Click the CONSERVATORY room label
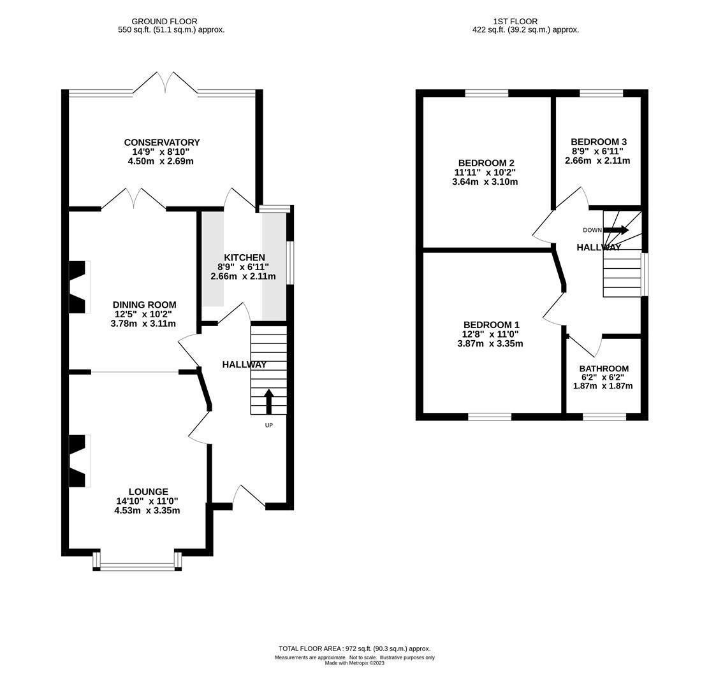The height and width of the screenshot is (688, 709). click(162, 142)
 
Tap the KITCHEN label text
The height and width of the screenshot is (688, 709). click(244, 257)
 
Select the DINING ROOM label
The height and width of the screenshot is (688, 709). click(144, 305)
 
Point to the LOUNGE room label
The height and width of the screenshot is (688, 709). click(149, 492)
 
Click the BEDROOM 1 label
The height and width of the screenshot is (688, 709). click(492, 325)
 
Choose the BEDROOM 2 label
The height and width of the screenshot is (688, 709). click(486, 163)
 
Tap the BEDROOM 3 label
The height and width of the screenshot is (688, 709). click(599, 142)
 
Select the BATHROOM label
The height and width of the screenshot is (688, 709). click(604, 369)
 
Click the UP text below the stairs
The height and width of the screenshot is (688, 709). click(269, 425)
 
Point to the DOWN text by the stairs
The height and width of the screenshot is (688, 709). click(592, 230)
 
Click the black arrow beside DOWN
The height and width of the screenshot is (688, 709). click(617, 230)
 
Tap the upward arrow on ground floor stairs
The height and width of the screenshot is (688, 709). click(269, 401)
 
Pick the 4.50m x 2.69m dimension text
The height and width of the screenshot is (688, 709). click(161, 161)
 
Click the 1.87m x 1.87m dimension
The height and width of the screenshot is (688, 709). click(603, 386)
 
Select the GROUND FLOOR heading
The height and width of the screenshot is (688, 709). click(164, 21)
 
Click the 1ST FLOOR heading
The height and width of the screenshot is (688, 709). click(515, 21)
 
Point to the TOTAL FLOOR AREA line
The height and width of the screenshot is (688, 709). click(354, 649)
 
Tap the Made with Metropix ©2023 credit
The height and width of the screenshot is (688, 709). click(354, 663)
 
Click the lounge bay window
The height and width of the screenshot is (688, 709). click(138, 561)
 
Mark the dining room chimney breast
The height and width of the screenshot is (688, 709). click(78, 287)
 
